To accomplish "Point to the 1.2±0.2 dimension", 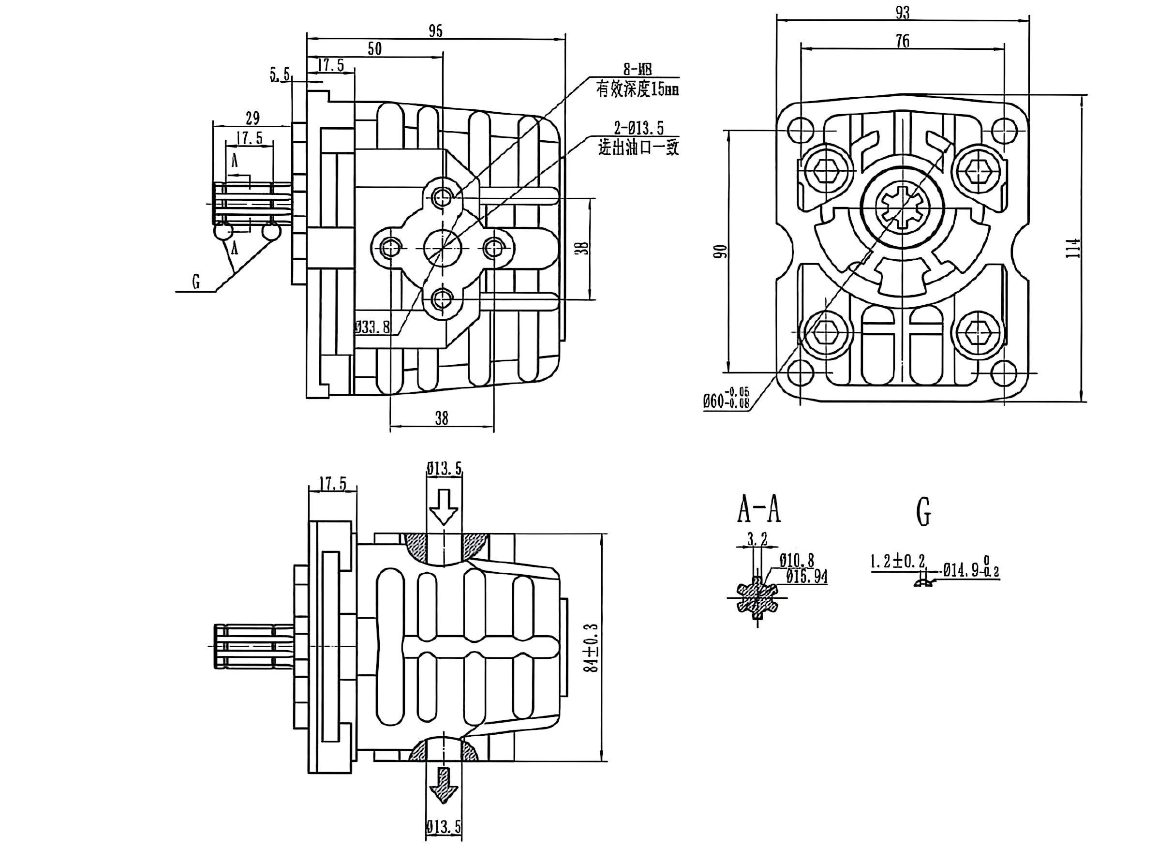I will click(x=897, y=562).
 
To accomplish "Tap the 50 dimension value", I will click(x=375, y=49).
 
